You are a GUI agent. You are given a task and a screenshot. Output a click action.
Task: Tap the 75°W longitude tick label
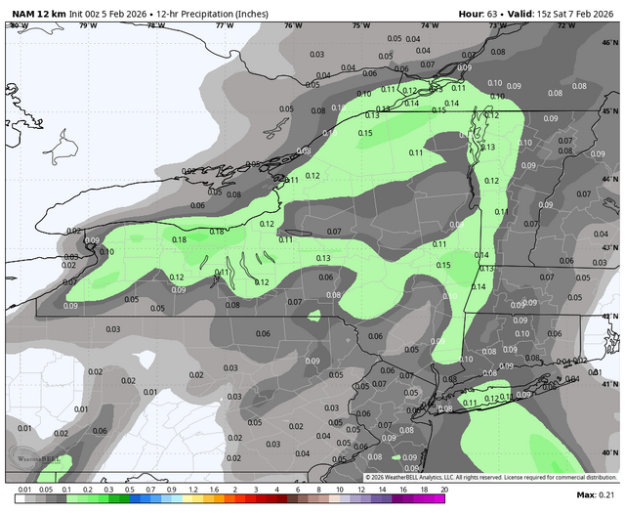[361, 25]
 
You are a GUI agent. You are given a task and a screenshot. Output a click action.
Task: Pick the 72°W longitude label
[565, 25]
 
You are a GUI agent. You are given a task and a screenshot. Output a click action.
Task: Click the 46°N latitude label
[610, 44]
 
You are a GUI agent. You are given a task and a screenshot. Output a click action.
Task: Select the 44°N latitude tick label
[610, 180]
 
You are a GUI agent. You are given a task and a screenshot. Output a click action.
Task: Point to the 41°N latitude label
[610, 384]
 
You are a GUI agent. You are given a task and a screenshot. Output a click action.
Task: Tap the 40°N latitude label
[610, 452]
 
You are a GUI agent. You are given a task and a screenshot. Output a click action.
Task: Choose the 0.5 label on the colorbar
[129, 488]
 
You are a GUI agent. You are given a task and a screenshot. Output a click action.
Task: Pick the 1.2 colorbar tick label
[192, 488]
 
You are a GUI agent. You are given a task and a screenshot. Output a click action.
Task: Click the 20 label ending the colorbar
[443, 488]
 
